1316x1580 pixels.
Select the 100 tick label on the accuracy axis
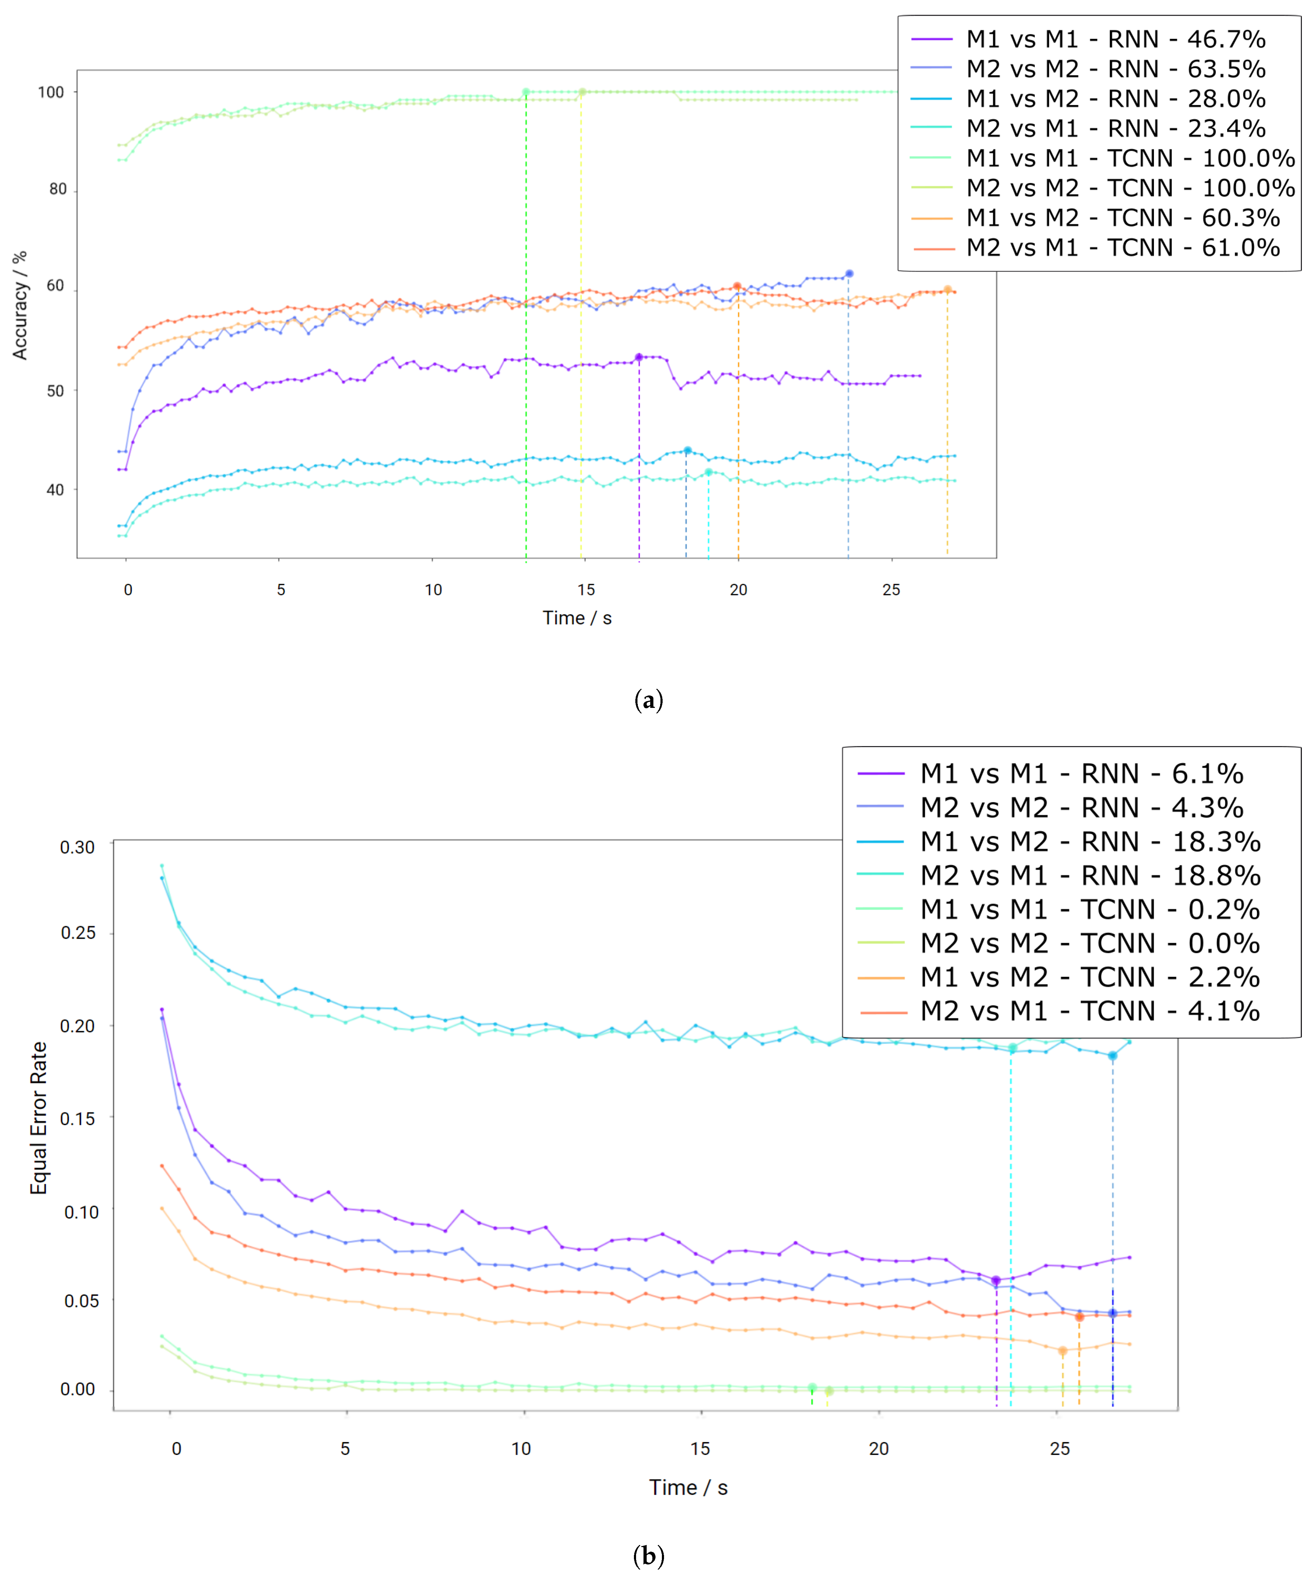point(51,92)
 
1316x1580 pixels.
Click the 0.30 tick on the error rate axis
point(78,847)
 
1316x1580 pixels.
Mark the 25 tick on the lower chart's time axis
point(1059,1448)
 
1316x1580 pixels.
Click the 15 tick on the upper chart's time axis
point(585,590)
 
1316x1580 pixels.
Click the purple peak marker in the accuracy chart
point(639,357)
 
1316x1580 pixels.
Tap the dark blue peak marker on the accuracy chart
point(849,274)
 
